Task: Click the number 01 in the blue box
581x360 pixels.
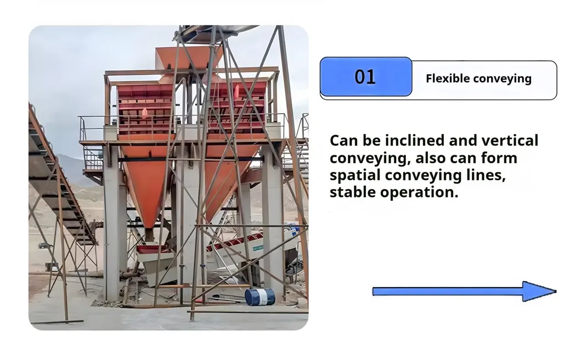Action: point(365,77)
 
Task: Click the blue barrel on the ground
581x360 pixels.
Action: point(260,297)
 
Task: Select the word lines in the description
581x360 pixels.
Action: point(489,176)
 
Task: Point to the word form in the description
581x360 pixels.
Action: point(499,158)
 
